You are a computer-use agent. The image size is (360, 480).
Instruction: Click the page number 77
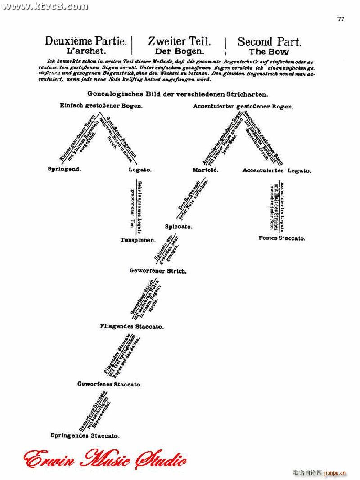point(341,19)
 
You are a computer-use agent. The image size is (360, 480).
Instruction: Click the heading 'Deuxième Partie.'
point(86,42)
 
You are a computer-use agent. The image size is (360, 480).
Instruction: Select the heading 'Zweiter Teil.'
point(179,42)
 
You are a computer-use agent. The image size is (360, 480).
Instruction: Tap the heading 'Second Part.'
point(269,42)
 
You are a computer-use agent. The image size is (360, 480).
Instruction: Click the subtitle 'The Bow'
point(269,52)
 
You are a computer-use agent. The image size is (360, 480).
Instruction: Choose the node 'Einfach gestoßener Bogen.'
point(101,106)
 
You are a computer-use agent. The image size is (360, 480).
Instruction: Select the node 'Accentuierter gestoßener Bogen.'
point(243,107)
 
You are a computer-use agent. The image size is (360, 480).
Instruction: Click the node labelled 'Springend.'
point(64,170)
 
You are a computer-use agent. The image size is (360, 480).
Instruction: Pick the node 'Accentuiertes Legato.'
point(277,171)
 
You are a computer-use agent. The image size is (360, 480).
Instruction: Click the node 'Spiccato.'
point(179,227)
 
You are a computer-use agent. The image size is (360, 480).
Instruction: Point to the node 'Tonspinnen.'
point(138,240)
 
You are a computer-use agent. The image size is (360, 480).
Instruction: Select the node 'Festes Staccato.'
point(282,238)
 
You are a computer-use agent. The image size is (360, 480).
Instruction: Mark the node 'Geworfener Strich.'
point(152,271)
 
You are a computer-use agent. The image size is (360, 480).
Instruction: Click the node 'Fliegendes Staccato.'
point(132,327)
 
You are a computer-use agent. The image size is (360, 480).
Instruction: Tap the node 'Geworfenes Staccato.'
point(109,385)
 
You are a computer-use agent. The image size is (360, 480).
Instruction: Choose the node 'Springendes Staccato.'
point(85,436)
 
